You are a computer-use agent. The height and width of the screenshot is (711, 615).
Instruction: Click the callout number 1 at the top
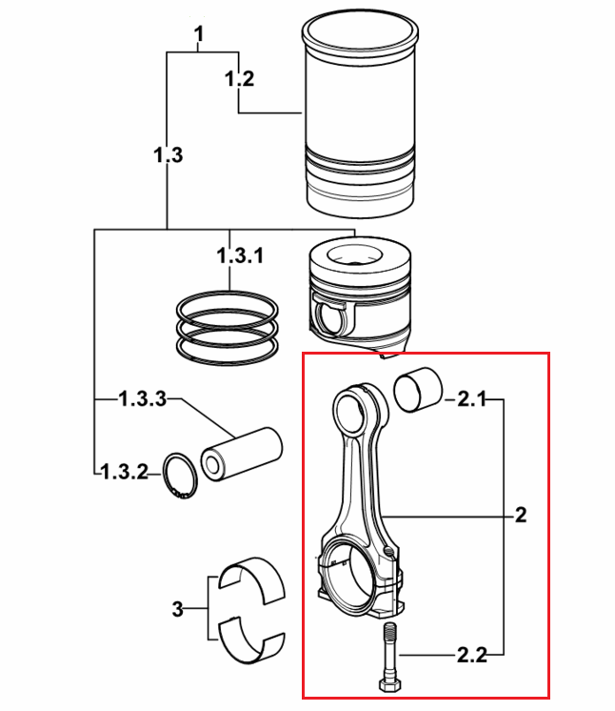click(198, 34)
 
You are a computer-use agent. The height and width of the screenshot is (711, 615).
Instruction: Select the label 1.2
click(239, 79)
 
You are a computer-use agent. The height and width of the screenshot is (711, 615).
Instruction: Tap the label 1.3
click(168, 155)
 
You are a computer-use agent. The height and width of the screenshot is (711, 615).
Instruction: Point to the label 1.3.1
click(240, 255)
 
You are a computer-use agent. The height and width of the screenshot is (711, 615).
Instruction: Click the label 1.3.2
click(124, 472)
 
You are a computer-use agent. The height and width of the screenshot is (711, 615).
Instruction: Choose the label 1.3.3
click(143, 399)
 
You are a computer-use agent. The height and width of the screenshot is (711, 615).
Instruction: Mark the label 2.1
click(471, 399)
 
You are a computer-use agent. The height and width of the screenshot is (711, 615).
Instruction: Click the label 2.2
click(471, 655)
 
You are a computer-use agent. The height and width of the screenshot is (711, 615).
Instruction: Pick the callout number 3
click(177, 609)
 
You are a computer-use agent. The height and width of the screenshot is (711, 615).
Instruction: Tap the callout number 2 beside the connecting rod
click(521, 515)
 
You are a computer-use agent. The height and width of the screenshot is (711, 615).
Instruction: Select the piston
click(360, 295)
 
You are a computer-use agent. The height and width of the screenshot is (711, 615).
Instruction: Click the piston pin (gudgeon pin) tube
click(242, 455)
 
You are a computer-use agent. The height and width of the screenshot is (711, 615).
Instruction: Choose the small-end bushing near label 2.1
click(418, 390)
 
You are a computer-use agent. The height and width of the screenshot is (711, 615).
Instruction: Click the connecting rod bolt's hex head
click(389, 683)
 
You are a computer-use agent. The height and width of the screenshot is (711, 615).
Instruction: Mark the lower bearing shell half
click(251, 640)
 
